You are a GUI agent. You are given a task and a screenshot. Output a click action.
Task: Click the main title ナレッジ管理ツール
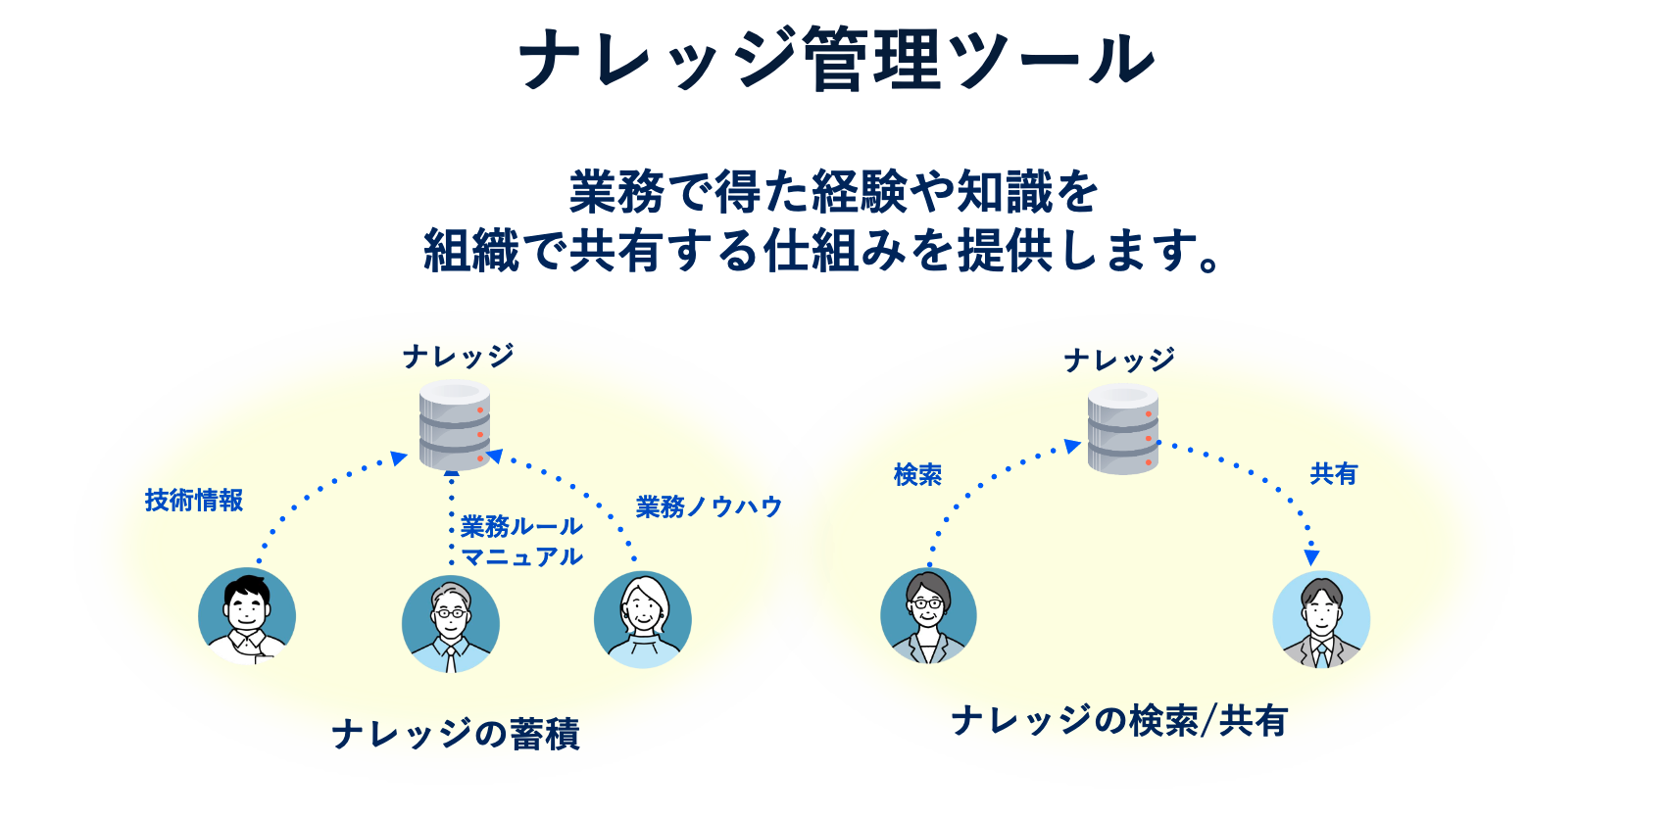[x=837, y=60]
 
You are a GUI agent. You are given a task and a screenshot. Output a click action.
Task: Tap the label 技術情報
[x=194, y=500]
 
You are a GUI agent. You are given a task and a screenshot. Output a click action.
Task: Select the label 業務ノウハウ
[x=709, y=506]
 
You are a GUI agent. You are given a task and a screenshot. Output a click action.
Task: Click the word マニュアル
[x=521, y=556]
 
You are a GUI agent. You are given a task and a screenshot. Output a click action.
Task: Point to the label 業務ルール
[x=521, y=526]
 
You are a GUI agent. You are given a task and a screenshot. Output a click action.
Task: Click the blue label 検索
[x=917, y=474]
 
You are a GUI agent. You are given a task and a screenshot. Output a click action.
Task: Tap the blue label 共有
[x=1334, y=473]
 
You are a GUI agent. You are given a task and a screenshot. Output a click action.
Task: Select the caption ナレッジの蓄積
[x=456, y=734]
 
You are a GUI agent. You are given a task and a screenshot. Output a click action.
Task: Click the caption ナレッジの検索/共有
[x=1119, y=722]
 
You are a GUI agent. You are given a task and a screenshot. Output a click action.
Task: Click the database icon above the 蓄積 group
[x=455, y=425]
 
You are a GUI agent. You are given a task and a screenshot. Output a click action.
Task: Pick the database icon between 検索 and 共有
[x=1122, y=429]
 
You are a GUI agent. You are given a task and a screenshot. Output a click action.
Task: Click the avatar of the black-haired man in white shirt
[x=247, y=616]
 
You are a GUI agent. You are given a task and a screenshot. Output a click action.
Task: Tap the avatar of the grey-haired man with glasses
[x=451, y=624]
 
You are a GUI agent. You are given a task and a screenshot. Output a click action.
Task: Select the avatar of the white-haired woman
[x=643, y=619]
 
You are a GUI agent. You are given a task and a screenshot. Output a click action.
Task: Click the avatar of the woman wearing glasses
[x=928, y=615]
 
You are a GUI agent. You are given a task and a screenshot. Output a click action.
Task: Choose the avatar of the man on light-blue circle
[x=1321, y=619]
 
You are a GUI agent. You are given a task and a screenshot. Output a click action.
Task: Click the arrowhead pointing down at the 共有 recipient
[x=1311, y=558]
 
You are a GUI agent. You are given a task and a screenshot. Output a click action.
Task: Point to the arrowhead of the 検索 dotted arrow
[x=1072, y=446]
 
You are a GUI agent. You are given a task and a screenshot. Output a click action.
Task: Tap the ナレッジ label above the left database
[x=458, y=357]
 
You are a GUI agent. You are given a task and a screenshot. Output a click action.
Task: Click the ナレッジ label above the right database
[x=1119, y=361]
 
